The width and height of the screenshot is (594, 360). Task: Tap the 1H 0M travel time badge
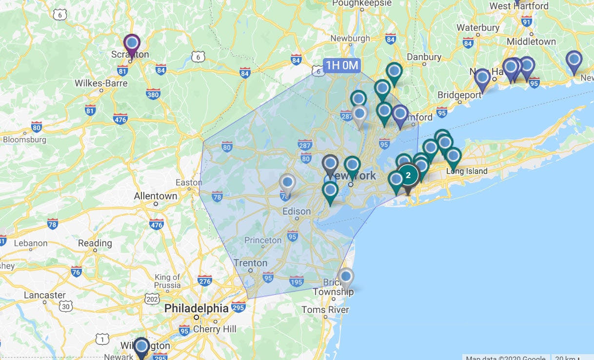(342, 65)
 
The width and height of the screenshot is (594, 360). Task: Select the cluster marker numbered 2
(409, 174)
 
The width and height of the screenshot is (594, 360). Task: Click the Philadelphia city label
(196, 308)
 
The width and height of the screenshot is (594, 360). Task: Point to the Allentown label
(156, 196)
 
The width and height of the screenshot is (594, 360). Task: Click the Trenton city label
(251, 263)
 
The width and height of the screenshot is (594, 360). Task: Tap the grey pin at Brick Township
(346, 277)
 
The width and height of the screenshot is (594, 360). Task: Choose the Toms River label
(325, 310)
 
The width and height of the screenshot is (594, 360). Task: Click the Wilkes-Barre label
(101, 83)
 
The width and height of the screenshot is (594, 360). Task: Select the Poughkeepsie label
(361, 3)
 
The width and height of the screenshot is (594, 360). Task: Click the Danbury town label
(424, 57)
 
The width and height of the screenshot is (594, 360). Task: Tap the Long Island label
(467, 171)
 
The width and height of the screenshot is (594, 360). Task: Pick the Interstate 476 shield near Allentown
(157, 225)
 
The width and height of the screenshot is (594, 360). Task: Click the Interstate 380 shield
(153, 94)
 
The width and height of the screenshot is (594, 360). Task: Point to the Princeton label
(263, 240)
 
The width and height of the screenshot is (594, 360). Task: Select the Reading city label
(95, 243)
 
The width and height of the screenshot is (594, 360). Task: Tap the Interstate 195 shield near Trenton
(296, 281)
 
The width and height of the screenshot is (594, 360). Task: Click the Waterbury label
(478, 28)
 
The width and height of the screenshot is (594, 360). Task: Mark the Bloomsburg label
(24, 140)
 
